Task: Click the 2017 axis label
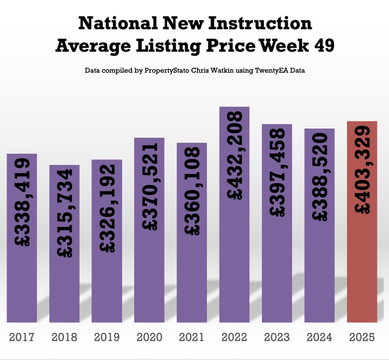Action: click(x=22, y=337)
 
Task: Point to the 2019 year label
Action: click(x=107, y=337)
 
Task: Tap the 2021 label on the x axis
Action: click(x=192, y=337)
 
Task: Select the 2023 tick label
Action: click(x=277, y=337)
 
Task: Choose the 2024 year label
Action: click(x=320, y=337)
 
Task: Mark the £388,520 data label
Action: click(x=320, y=177)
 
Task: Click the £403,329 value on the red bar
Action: click(x=363, y=170)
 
